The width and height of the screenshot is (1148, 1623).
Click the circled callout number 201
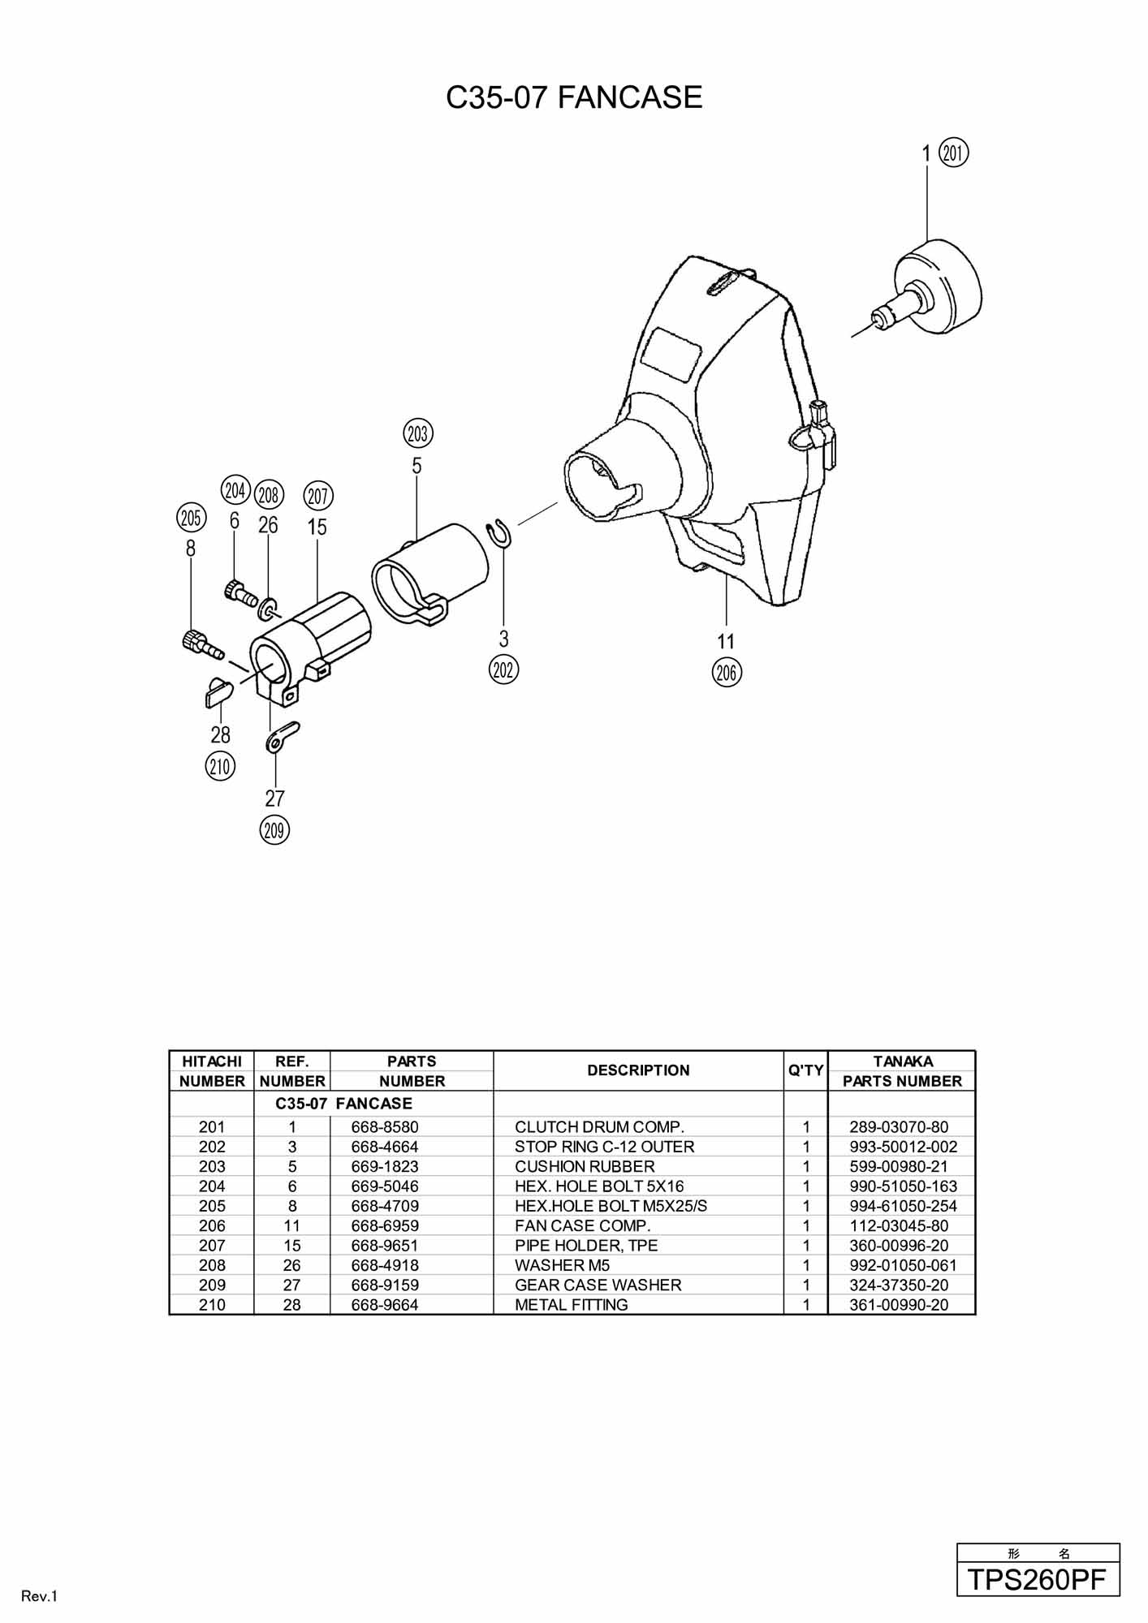pos(954,153)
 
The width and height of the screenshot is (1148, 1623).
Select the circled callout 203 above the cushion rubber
pos(417,433)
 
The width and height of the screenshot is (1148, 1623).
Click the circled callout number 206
pos(726,672)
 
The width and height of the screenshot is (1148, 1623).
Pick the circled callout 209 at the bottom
pos(274,830)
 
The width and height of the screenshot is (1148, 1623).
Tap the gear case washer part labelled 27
pos(282,737)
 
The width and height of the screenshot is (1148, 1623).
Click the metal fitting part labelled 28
pos(217,691)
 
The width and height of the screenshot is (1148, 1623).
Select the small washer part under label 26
pos(270,605)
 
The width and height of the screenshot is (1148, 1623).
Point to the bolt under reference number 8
pos(202,644)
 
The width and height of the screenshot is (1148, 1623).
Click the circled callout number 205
pos(191,518)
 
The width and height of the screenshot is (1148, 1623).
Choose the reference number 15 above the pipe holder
pos(317,527)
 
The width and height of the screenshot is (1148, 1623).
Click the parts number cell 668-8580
pos(385,1126)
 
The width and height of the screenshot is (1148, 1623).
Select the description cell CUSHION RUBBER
pos(585,1166)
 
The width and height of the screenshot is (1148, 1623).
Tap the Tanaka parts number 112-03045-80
pos(899,1225)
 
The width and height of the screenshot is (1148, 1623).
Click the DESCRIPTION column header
pos(638,1070)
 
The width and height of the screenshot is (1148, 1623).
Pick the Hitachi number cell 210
pos(212,1304)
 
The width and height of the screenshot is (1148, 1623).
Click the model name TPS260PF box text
pos(1038,1579)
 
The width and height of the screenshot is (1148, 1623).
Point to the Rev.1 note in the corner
pos(40,1596)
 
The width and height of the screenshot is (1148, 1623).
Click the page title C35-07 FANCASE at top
pos(574,97)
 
